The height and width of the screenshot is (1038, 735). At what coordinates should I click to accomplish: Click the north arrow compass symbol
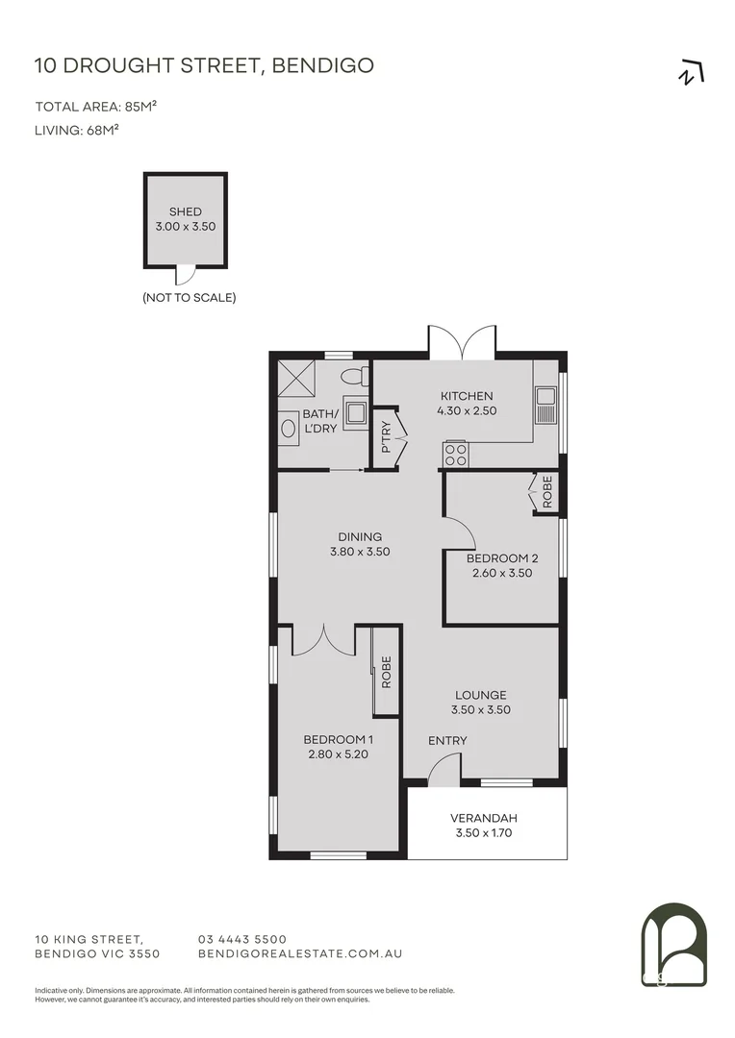(x=690, y=74)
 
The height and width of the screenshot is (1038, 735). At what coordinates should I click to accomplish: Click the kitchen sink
(x=546, y=405)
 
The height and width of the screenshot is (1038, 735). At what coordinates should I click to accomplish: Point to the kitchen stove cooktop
(x=455, y=454)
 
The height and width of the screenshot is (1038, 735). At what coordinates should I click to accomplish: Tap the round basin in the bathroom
(x=289, y=429)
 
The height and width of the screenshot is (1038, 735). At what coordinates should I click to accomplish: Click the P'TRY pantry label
(x=386, y=435)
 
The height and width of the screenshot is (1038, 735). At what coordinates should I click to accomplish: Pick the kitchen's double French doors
(x=463, y=342)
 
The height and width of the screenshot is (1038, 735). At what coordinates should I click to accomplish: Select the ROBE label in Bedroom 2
(x=547, y=492)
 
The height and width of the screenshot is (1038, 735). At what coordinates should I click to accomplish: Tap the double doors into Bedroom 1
(x=325, y=641)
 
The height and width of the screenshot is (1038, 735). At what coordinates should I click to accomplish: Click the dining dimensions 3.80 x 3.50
(x=359, y=552)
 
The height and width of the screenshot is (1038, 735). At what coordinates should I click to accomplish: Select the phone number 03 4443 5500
(x=241, y=939)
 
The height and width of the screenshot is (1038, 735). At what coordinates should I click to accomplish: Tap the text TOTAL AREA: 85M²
(x=95, y=107)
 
